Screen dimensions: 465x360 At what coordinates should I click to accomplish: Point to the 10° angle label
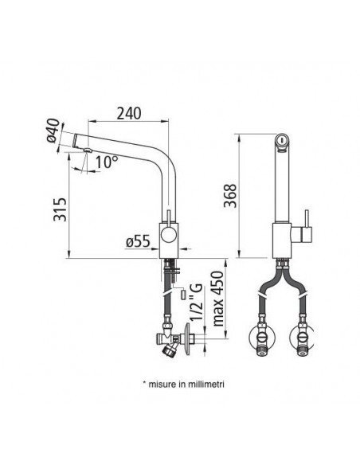pyautogui.click(x=106, y=162)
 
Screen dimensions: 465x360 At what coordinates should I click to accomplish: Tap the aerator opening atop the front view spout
pyautogui.click(x=281, y=140)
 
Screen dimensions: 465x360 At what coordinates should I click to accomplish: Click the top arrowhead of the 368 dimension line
pyautogui.click(x=239, y=133)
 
